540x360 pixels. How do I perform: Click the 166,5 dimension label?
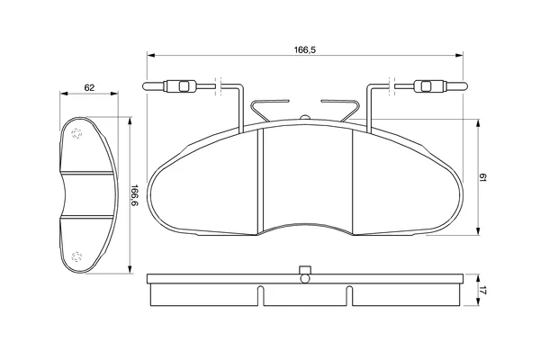point(304,50)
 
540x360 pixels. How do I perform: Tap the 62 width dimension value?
point(89,88)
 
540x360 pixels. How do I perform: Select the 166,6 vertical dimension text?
point(134,195)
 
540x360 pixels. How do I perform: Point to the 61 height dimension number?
point(482,178)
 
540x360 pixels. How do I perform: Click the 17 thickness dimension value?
point(482,291)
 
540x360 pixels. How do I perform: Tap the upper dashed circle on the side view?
point(76,133)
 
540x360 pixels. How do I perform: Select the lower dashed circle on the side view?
point(76,256)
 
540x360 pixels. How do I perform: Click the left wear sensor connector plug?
point(180,86)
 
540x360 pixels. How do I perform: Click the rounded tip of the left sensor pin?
point(145,86)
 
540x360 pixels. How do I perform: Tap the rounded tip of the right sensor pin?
point(465,86)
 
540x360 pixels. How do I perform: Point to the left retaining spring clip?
point(268,110)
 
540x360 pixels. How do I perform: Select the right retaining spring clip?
point(341,110)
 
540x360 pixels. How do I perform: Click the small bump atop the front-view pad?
point(305,118)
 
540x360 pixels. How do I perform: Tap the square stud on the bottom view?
point(305,269)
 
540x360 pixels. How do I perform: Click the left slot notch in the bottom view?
point(261,295)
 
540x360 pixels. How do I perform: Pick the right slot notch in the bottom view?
point(349,295)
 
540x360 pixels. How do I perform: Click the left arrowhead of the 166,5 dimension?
point(151,55)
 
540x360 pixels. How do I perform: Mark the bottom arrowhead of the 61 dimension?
point(478,231)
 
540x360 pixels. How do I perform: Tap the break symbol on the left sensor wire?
point(218,86)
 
